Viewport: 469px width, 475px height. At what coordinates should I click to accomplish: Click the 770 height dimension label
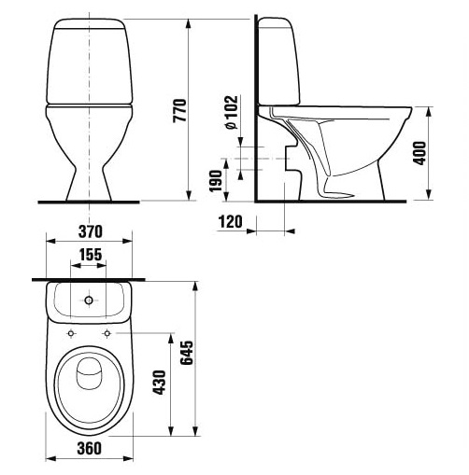pos(179,110)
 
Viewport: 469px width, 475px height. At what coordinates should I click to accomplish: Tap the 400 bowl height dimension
pos(419,153)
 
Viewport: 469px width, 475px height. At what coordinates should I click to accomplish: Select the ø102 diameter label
pos(231,112)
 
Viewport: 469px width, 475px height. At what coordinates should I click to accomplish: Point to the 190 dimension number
pos(216,181)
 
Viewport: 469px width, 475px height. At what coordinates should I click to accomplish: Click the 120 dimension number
pos(230,222)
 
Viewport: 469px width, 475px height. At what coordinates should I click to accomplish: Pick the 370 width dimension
pos(90,231)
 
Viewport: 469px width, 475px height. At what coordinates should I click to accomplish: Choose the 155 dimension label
pos(90,255)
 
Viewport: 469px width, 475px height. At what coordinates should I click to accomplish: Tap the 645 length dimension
pos(187,353)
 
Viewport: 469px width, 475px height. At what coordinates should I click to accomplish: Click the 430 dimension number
pos(159,383)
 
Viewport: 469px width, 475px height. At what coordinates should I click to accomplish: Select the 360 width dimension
pos(90,448)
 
